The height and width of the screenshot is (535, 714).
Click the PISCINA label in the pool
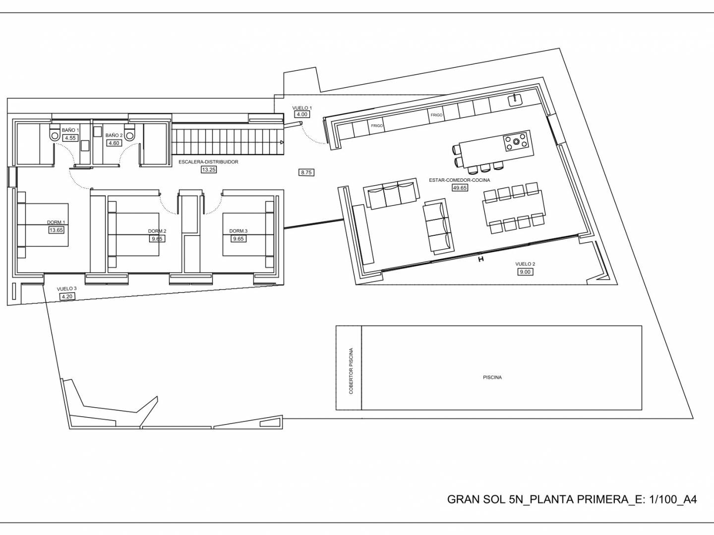point(492,377)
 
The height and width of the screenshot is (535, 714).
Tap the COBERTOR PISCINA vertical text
point(351,372)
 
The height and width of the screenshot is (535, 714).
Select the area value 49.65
point(460,188)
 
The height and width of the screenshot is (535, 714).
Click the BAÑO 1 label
point(70,130)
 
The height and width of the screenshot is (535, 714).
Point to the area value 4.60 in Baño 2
point(114,143)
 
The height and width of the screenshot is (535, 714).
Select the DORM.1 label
point(56,222)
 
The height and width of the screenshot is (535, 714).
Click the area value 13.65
point(56,230)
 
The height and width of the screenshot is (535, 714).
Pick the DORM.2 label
point(157,231)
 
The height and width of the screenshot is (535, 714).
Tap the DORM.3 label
point(238,231)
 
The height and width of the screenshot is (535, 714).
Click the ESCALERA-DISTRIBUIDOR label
point(208,162)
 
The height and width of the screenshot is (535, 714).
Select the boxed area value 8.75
point(306,172)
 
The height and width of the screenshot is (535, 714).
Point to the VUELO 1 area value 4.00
point(302,114)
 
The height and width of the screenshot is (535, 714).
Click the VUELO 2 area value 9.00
point(525,272)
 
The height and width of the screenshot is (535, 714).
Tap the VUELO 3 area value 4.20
point(67,297)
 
